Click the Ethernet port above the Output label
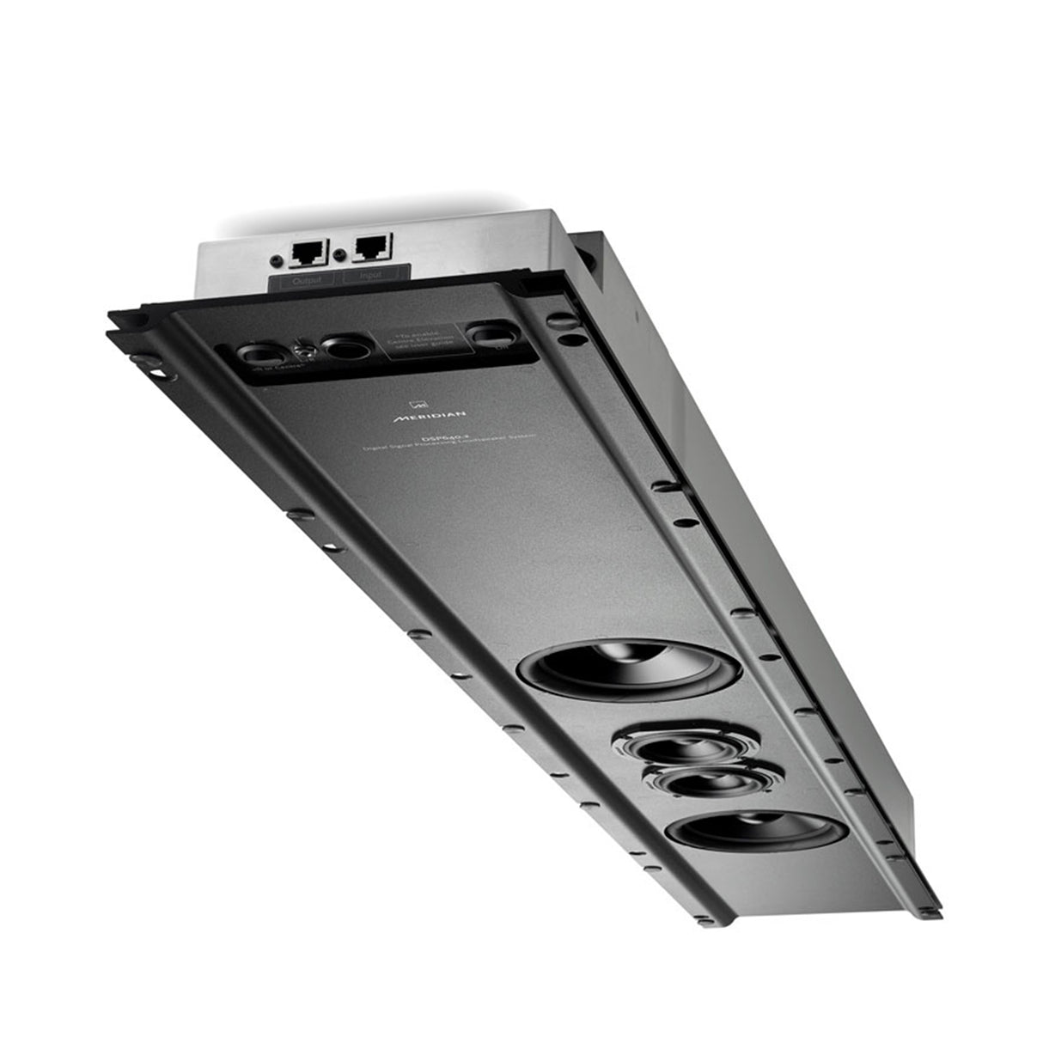(306, 252)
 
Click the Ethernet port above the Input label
(369, 249)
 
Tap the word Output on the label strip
(306, 280)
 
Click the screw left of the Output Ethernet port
(275, 258)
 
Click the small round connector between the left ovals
(302, 351)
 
